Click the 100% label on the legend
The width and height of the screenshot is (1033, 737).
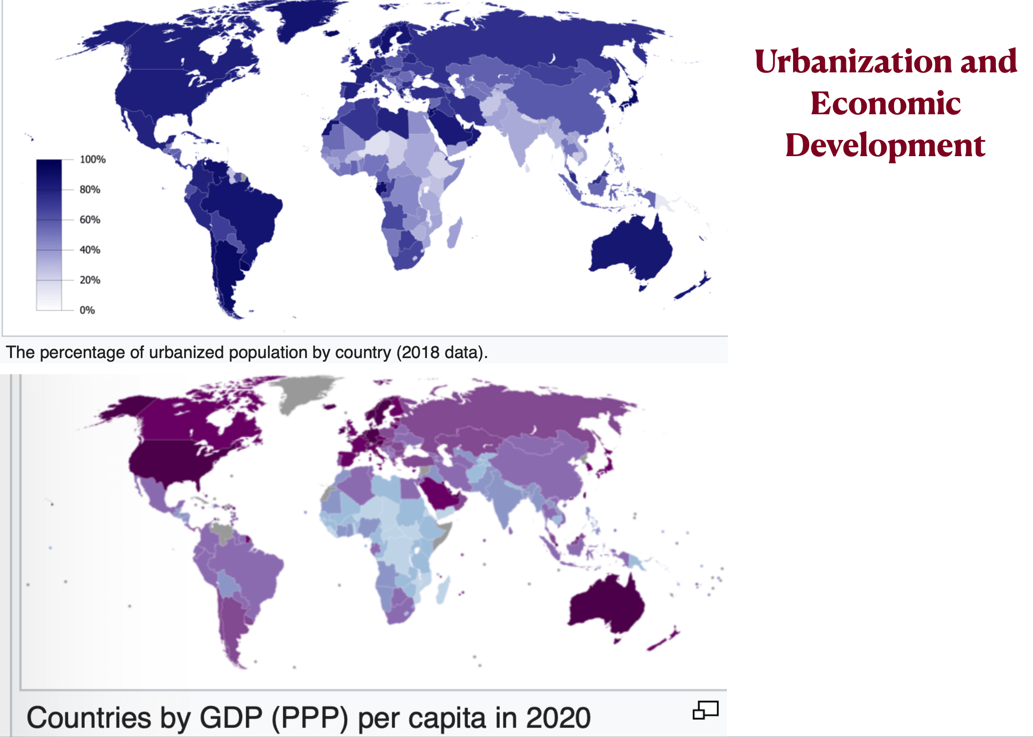[92, 159]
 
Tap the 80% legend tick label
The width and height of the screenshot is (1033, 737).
[90, 189]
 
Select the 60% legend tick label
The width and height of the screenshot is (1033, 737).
[90, 219]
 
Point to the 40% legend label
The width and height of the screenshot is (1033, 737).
[90, 250]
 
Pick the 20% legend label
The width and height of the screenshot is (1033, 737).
[90, 280]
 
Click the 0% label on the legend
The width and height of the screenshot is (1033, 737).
[87, 310]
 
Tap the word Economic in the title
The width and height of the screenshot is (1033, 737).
[885, 103]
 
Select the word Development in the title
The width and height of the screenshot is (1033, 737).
[885, 145]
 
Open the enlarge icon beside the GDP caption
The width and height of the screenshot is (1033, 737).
[705, 710]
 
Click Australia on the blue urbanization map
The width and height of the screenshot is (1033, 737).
[631, 248]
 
